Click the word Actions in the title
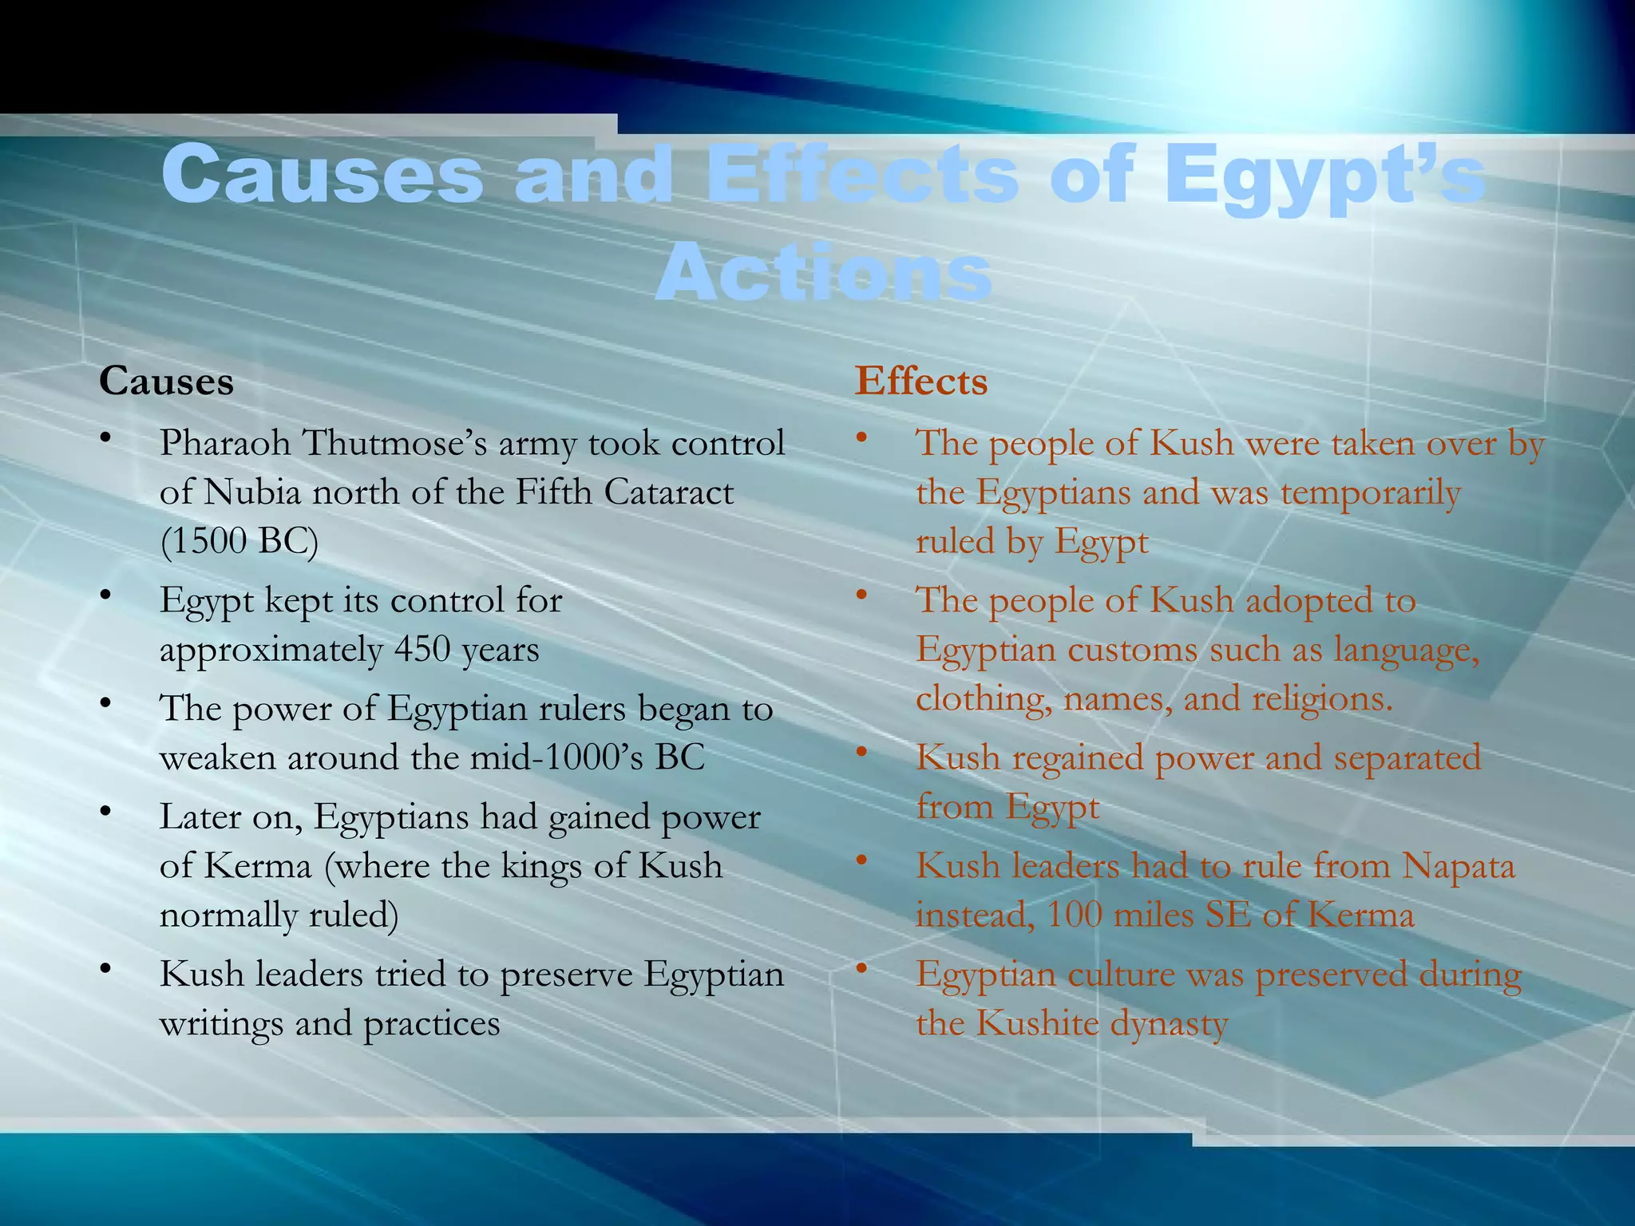tap(823, 272)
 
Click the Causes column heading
tap(166, 382)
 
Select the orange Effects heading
tap(920, 382)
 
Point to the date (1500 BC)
tap(239, 541)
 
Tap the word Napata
tap(1458, 866)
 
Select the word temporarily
tap(1370, 493)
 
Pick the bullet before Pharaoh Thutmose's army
tap(105, 439)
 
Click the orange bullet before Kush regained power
tap(861, 753)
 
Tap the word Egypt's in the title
tap(1324, 177)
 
